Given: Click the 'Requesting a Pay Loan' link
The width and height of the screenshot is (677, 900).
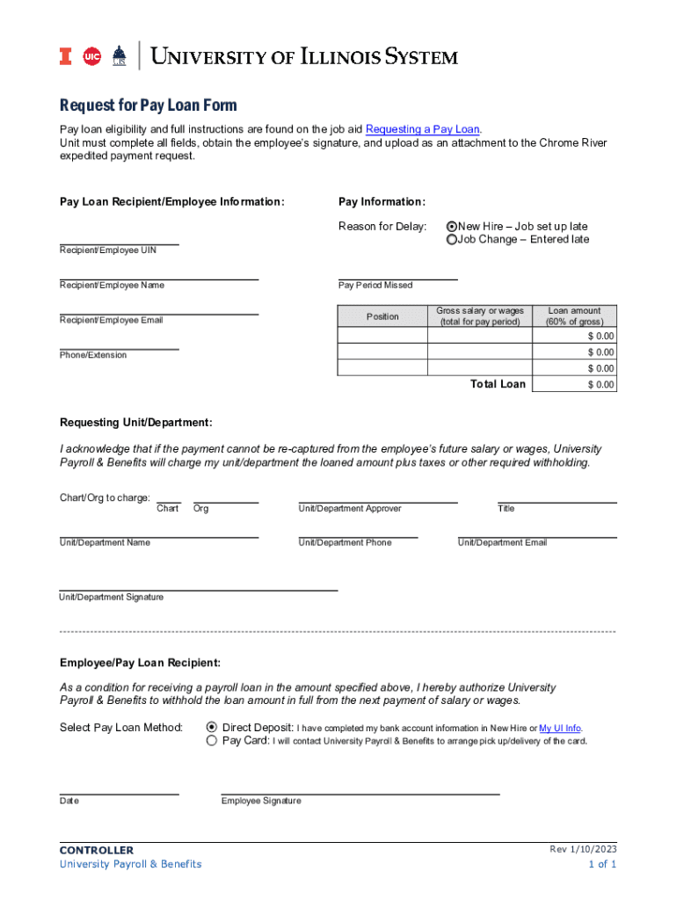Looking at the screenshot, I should pyautogui.click(x=422, y=129).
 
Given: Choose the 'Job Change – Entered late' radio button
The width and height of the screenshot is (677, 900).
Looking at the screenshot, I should pyautogui.click(x=452, y=240).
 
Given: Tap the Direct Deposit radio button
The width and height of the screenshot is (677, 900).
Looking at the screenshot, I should pyautogui.click(x=211, y=728).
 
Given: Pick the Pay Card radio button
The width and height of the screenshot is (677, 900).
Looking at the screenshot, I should pyautogui.click(x=211, y=741).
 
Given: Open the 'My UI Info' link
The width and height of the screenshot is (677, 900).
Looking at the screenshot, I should pyautogui.click(x=559, y=729).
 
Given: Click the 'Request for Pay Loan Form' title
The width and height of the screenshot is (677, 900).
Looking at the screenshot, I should pyautogui.click(x=148, y=105).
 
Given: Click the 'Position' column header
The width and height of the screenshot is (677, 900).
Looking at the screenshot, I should pyautogui.click(x=382, y=316).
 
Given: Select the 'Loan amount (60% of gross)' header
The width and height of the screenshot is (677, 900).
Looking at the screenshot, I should pyautogui.click(x=574, y=316).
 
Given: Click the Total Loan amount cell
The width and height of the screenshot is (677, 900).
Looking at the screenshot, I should pyautogui.click(x=575, y=385).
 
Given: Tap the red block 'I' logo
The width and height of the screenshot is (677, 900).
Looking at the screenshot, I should pyautogui.click(x=65, y=57).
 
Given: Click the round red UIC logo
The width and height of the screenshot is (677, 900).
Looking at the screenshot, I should pyautogui.click(x=91, y=57).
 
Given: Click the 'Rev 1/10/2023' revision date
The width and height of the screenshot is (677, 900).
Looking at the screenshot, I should pyautogui.click(x=583, y=849).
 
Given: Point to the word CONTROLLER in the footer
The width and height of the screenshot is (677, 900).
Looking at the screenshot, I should pyautogui.click(x=97, y=850).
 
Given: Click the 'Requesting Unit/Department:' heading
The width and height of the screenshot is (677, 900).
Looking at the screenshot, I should pyautogui.click(x=135, y=423).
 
